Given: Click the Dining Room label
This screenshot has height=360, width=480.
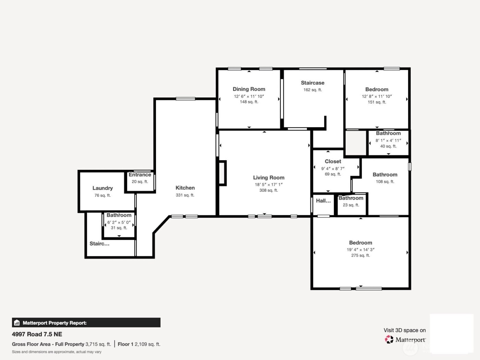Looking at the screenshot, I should (x=249, y=89).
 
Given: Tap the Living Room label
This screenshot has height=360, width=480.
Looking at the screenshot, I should (x=268, y=178).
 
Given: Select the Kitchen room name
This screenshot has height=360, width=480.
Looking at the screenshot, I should (x=185, y=188).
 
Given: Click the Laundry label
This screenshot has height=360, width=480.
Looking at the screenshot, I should (x=103, y=188).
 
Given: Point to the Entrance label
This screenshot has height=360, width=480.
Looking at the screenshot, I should (x=140, y=175).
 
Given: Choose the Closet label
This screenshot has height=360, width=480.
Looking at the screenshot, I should (x=333, y=161).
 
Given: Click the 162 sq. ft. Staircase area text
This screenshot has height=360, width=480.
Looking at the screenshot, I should (x=312, y=90).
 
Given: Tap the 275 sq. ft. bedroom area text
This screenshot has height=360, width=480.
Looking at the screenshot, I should (x=360, y=255).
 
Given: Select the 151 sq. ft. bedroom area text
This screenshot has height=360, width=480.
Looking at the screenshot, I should (x=377, y=102).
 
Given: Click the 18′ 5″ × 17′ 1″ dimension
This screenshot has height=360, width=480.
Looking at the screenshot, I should (x=268, y=184).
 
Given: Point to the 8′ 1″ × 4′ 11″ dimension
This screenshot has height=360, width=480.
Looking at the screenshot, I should (x=388, y=141).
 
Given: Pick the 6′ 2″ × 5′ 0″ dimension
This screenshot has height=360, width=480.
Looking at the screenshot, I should (x=119, y=222).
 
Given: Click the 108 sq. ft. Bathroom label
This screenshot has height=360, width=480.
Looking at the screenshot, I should (x=385, y=175).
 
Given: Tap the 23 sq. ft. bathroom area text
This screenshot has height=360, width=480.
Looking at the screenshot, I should (x=351, y=205).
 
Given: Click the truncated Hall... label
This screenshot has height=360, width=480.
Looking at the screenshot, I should (x=323, y=201).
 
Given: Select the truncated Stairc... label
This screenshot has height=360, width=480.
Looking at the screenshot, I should (x=99, y=244).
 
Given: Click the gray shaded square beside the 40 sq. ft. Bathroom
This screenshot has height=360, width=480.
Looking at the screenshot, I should (x=356, y=143).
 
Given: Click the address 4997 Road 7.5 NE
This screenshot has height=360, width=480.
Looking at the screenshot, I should (x=37, y=334).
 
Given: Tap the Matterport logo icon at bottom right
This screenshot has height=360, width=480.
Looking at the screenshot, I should (x=389, y=339).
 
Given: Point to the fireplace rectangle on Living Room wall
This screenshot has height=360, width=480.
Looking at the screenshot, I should (x=222, y=173).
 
